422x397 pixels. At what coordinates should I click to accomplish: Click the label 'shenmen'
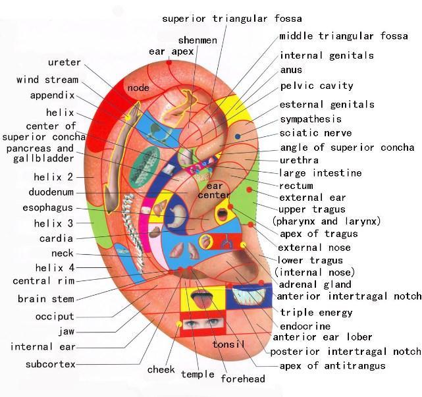pos(198,40)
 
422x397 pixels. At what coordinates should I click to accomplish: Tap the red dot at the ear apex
pos(169,63)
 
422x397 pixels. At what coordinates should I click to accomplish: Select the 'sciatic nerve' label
pos(315,133)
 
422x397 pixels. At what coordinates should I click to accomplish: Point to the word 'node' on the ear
pos(138,88)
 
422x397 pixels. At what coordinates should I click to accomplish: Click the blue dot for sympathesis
pos(238,136)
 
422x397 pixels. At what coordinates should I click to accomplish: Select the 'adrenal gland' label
pos(315,284)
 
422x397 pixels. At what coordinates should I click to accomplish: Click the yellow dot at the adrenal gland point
pos(244,245)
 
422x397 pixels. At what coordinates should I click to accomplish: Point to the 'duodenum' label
pos(51,192)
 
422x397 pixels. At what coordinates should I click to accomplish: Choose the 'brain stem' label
pos(45,299)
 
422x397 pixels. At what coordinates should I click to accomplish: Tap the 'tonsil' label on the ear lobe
pos(228,344)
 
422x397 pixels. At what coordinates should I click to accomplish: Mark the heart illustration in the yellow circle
pos(206,242)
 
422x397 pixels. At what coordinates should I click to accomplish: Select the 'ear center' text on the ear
pos(214,190)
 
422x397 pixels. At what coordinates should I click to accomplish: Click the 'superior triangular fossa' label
pos(232,19)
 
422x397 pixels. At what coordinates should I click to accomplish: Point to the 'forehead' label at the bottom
pos(243,379)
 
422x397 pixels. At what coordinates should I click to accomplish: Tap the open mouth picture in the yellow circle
pos(223,214)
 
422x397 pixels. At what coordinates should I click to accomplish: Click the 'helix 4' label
pos(55,268)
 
